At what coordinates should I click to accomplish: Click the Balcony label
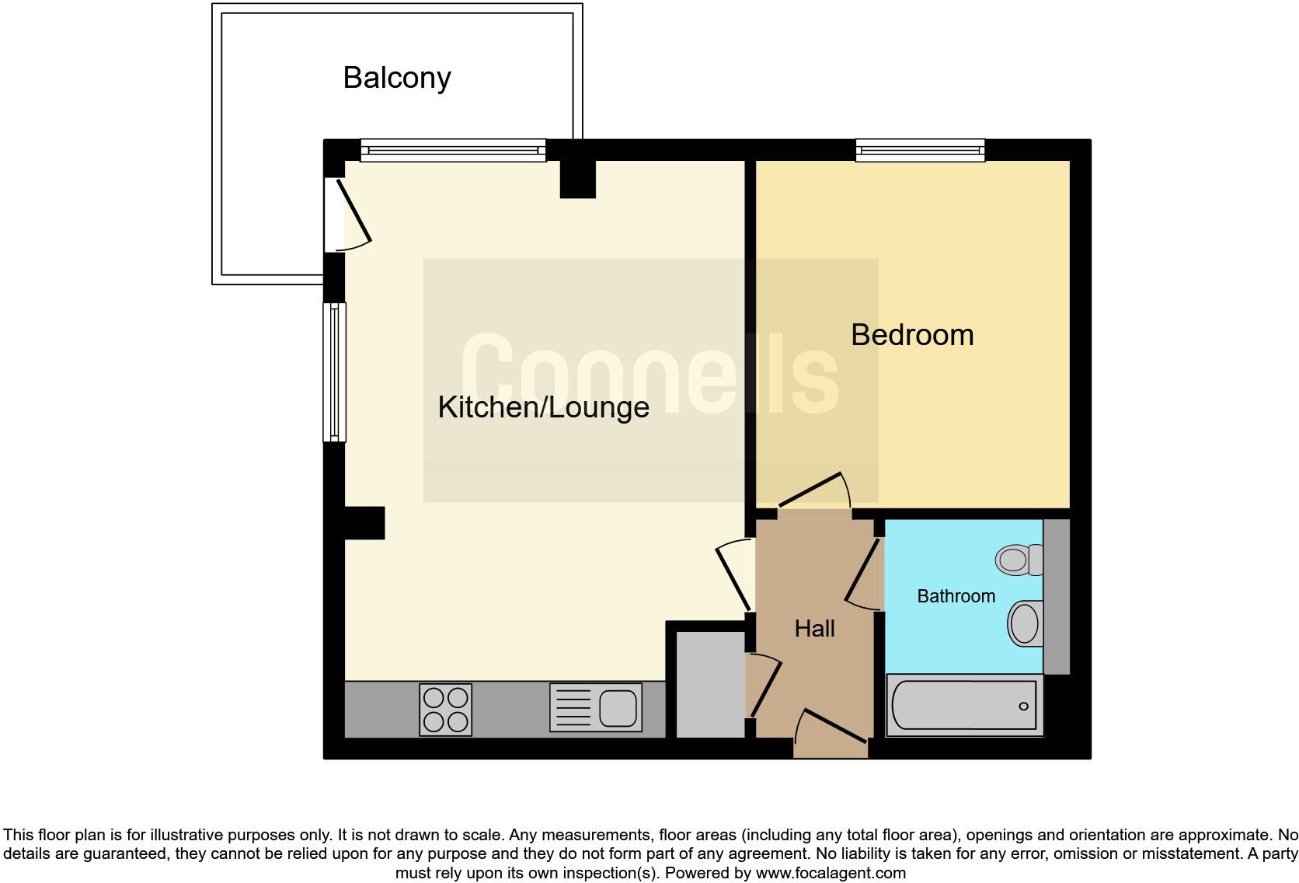[397, 78]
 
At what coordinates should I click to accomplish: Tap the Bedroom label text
[912, 335]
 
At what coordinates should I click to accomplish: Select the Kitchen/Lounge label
[543, 407]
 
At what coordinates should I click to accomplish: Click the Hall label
[814, 628]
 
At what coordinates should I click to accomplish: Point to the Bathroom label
[956, 596]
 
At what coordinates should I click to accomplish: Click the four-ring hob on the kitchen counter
[445, 709]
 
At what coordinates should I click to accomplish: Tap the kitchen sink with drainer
[596, 707]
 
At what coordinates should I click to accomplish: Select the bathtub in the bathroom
[963, 706]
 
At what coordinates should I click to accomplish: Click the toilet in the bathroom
[1019, 559]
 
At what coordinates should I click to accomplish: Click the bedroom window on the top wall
[920, 150]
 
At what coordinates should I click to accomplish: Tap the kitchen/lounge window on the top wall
[453, 150]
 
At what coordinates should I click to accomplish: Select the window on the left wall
[335, 372]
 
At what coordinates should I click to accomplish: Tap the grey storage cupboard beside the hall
[710, 683]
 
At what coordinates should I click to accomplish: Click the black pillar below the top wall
[577, 179]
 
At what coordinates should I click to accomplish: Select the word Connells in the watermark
[649, 374]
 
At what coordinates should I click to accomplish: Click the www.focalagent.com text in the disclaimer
[830, 873]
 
